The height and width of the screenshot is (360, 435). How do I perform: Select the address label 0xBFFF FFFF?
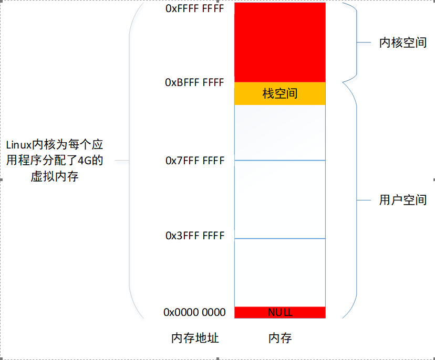(194, 82)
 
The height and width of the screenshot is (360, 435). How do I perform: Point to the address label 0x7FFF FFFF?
(195, 161)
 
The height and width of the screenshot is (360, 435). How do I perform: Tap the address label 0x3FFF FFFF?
(195, 236)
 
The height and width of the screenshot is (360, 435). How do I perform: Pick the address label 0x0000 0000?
(194, 312)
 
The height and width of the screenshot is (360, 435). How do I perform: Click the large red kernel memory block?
(280, 42)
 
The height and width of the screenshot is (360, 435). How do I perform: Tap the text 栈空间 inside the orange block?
(280, 93)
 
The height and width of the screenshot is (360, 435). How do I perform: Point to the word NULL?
(280, 312)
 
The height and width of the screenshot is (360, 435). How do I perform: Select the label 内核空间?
(402, 43)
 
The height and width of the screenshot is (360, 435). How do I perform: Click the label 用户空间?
(402, 200)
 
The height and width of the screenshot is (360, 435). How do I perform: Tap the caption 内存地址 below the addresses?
(195, 338)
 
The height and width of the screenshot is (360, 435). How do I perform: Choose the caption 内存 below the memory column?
(280, 338)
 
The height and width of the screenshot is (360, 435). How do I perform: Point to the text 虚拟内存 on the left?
(55, 177)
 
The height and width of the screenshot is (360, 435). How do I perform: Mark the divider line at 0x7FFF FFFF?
(280, 160)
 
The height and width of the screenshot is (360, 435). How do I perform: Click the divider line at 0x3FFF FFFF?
(280, 238)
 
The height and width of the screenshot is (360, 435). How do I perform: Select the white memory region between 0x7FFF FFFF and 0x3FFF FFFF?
(280, 199)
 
